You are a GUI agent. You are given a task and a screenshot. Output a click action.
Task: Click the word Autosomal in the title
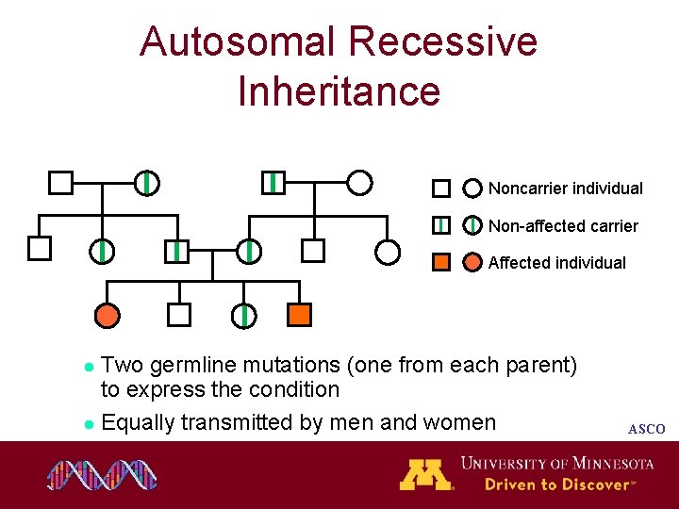point(237,42)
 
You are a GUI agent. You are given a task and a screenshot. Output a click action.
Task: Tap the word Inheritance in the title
point(339,91)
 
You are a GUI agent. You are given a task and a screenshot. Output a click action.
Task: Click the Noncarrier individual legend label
point(565,189)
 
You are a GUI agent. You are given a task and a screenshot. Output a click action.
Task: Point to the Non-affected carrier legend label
point(563,226)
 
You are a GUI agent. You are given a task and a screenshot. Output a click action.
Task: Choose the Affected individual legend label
point(556,263)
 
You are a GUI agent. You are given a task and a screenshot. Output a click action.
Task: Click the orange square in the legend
point(440,262)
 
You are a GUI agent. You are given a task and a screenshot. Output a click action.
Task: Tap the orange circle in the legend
point(472,262)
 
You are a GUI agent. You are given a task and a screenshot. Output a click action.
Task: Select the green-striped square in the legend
point(440,225)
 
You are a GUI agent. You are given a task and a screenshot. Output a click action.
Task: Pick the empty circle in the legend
point(472,189)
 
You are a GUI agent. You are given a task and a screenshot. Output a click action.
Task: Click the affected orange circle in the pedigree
point(108,315)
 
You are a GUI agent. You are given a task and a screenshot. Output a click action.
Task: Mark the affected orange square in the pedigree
point(300,315)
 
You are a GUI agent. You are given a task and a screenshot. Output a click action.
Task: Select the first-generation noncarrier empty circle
point(359,182)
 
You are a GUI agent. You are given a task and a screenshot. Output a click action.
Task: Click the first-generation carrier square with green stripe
point(272,182)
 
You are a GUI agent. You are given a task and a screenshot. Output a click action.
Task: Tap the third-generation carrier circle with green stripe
point(243,315)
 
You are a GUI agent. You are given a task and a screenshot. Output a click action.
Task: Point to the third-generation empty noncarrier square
point(179,315)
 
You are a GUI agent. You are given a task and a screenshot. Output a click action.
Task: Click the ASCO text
point(646,430)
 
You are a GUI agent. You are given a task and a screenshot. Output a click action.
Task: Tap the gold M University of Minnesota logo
point(425,474)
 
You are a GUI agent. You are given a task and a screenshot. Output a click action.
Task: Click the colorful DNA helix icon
point(102,475)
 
